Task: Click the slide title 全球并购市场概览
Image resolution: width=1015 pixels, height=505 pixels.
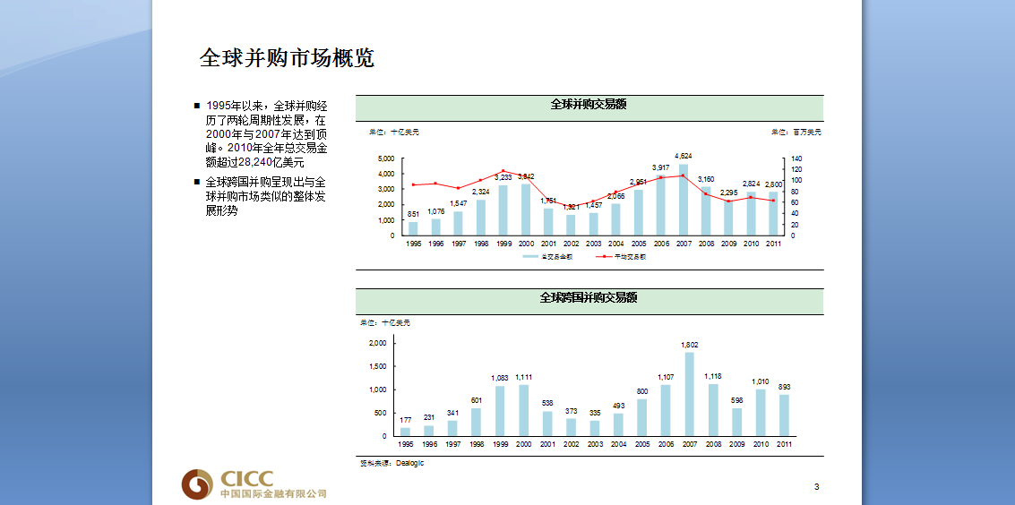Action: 287,59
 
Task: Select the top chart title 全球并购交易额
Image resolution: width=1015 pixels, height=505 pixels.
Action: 589,105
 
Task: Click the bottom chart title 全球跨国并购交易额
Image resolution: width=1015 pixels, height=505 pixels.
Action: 589,298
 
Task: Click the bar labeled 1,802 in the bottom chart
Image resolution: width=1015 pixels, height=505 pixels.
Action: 690,394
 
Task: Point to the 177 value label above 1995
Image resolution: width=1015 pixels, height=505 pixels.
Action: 406,419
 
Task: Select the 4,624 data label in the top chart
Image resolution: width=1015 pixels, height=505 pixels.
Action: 684,156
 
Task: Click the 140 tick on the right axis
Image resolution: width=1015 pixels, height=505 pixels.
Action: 797,158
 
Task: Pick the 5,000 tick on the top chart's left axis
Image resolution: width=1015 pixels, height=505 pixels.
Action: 386,158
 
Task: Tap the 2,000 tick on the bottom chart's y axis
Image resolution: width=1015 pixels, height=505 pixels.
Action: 378,343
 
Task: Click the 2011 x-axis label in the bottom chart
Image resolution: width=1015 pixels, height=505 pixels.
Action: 784,444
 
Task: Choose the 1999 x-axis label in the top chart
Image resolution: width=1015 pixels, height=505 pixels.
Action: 503,244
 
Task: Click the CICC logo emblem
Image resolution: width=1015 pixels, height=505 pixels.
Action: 197,484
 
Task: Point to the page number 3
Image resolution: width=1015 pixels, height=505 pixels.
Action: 816,487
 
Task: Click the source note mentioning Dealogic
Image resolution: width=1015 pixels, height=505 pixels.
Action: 391,463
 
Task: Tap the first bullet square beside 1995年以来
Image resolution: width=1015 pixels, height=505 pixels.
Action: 197,106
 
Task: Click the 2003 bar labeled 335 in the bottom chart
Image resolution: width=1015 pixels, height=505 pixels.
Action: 595,428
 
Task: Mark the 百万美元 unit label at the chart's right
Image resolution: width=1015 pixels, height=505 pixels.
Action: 795,133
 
